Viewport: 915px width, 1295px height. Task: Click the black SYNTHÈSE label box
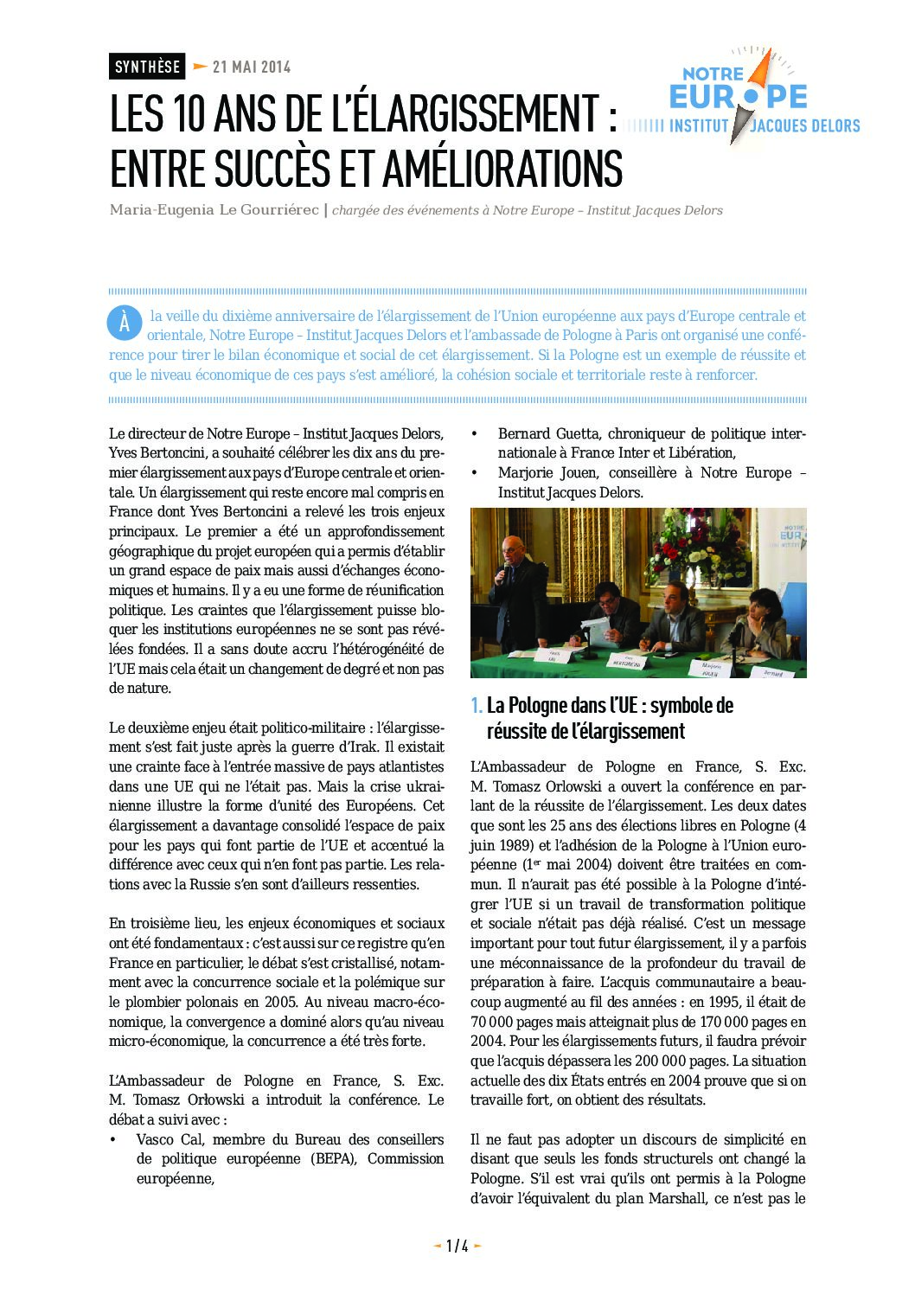pos(147,67)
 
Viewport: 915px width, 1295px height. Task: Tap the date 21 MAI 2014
pos(252,67)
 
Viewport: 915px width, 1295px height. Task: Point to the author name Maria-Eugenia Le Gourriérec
pos(214,210)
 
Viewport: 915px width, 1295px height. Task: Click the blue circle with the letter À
pos(125,323)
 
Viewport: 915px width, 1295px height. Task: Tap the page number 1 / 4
pos(457,1246)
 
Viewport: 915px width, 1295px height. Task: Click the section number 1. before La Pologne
pos(477,706)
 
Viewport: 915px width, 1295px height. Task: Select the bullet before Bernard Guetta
pos(474,434)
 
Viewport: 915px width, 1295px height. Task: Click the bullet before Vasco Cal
pos(113,1140)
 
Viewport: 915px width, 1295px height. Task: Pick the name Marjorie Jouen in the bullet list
pos(549,473)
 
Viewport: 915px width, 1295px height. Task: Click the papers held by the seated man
pos(596,625)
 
